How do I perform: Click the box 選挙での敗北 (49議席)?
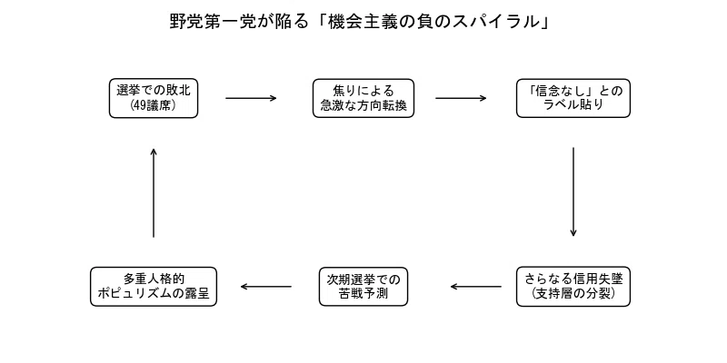[x=154, y=98]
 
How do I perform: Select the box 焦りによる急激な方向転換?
[x=363, y=98]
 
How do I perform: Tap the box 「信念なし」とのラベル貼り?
[x=573, y=98]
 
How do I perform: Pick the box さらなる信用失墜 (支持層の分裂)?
[x=573, y=287]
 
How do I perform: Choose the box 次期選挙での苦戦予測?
[x=363, y=287]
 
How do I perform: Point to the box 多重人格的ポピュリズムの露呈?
[x=154, y=287]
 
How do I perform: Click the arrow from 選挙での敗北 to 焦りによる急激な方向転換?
[x=251, y=98]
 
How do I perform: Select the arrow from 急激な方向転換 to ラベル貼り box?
[x=461, y=98]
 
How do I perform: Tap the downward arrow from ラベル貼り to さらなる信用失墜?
[x=573, y=191]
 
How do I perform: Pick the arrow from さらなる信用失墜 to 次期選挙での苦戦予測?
[x=475, y=287]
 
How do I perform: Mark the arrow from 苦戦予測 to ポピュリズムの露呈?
[x=266, y=287]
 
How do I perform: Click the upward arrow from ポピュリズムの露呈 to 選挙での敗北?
[x=154, y=192]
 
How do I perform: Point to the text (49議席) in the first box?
[x=154, y=105]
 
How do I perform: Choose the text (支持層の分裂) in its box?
[x=573, y=294]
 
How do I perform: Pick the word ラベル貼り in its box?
[x=573, y=105]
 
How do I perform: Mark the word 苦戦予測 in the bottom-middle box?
[x=363, y=294]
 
